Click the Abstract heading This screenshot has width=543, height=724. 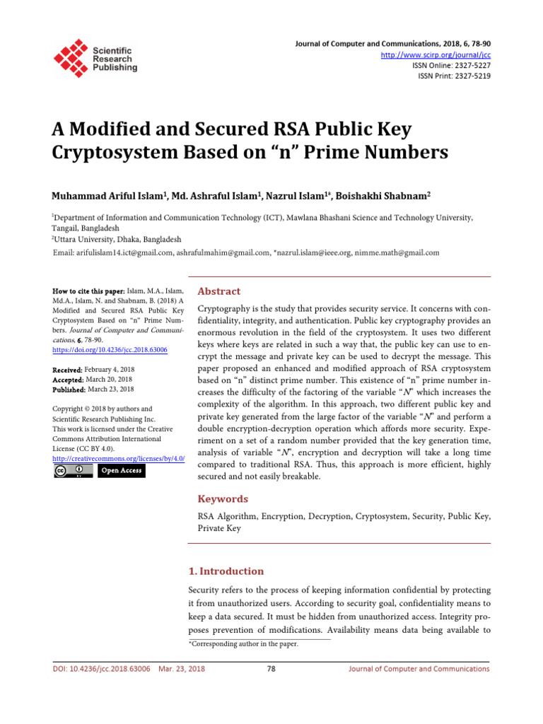218,291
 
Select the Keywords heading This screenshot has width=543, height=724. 223,498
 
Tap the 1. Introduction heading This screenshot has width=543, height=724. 226,571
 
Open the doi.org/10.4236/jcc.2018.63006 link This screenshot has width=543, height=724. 110,350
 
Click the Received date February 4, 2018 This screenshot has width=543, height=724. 109,370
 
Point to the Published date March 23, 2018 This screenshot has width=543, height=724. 110,389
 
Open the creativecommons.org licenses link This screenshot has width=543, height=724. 119,458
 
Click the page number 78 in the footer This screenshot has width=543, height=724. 271,669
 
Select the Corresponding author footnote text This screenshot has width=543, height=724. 243,644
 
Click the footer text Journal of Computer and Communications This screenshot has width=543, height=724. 419,669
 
